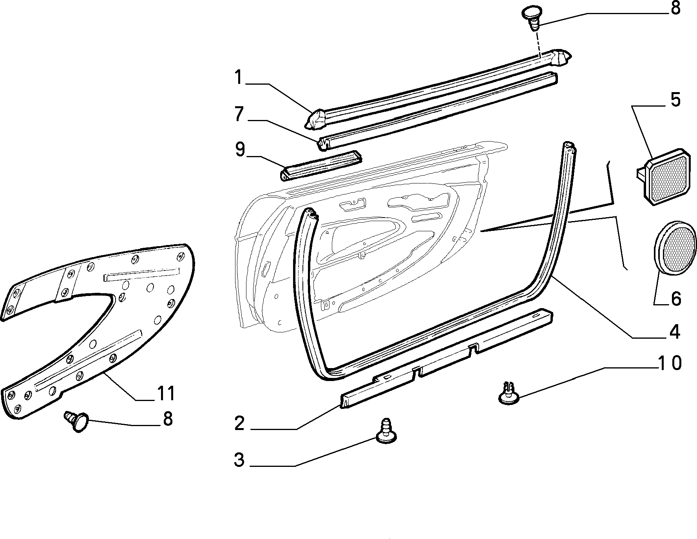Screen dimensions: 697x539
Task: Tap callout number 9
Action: (239, 150)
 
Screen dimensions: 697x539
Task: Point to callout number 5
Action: (675, 100)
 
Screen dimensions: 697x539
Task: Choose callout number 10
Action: (670, 363)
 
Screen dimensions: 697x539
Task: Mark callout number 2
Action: (240, 424)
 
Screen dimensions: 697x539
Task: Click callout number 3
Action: (239, 460)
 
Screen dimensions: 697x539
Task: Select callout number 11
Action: (165, 393)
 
